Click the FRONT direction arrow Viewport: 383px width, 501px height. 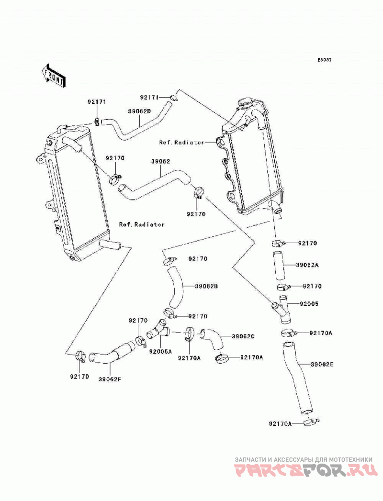tap(53, 75)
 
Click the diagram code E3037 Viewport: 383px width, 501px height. tap(324, 59)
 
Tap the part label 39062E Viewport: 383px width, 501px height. tap(322, 364)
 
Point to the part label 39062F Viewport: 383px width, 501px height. tap(110, 379)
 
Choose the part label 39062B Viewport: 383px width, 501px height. tap(206, 286)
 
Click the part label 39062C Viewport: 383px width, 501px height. tap(243, 336)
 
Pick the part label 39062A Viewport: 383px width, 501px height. tap(307, 265)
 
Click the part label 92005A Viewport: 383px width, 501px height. tap(160, 351)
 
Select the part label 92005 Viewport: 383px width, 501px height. tap(309, 303)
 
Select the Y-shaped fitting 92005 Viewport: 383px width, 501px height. tap(282, 309)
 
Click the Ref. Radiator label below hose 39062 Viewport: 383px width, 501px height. tap(142, 224)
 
